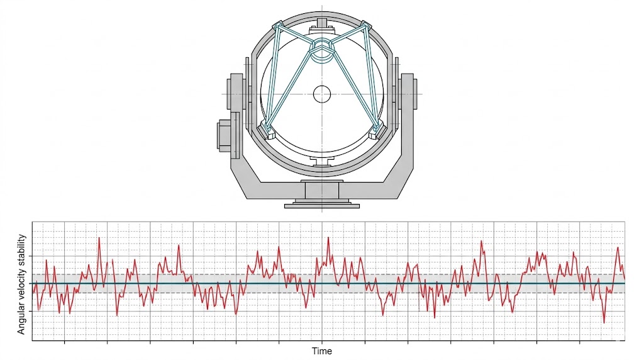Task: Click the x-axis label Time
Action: coord(321,351)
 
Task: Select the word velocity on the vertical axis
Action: coord(21,286)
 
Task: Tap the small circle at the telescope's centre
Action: coord(322,94)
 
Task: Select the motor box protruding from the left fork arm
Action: coord(225,135)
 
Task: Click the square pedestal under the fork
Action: coord(321,191)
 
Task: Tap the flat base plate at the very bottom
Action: coord(322,206)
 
